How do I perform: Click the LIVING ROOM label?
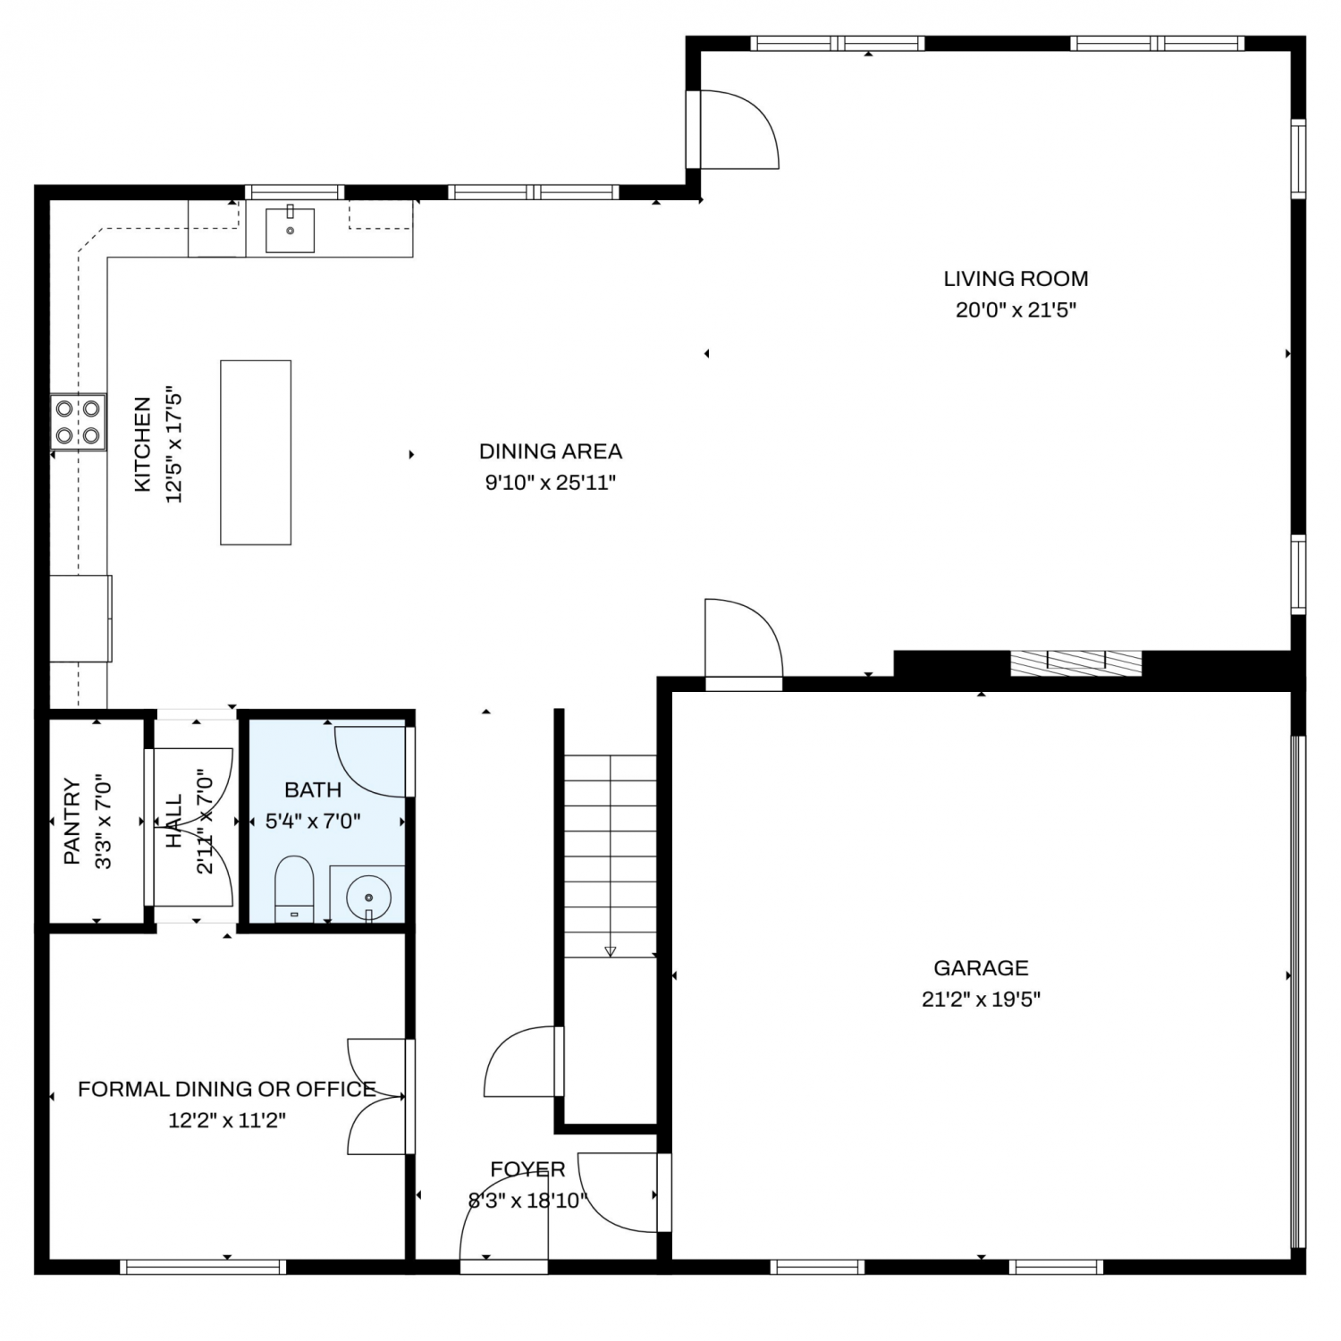[x=1016, y=279]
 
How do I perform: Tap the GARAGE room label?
[x=981, y=967]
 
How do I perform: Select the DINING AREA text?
[x=551, y=451]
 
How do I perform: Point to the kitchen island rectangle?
[x=256, y=452]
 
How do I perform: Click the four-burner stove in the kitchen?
[x=78, y=422]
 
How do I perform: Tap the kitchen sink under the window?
[x=290, y=229]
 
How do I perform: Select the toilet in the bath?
[x=293, y=889]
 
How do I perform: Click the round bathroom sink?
[x=367, y=894]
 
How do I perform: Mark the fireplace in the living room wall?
[x=1075, y=662]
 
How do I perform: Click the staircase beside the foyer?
[x=611, y=856]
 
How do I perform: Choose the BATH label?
[x=313, y=789]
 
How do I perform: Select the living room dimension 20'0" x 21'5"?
[x=1016, y=310]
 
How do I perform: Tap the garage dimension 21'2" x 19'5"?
[x=981, y=999]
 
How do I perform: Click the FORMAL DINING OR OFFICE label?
[x=227, y=1089]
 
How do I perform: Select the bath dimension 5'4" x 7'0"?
[x=313, y=821]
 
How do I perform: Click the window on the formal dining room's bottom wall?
[x=203, y=1267]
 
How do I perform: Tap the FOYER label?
[x=527, y=1169]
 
